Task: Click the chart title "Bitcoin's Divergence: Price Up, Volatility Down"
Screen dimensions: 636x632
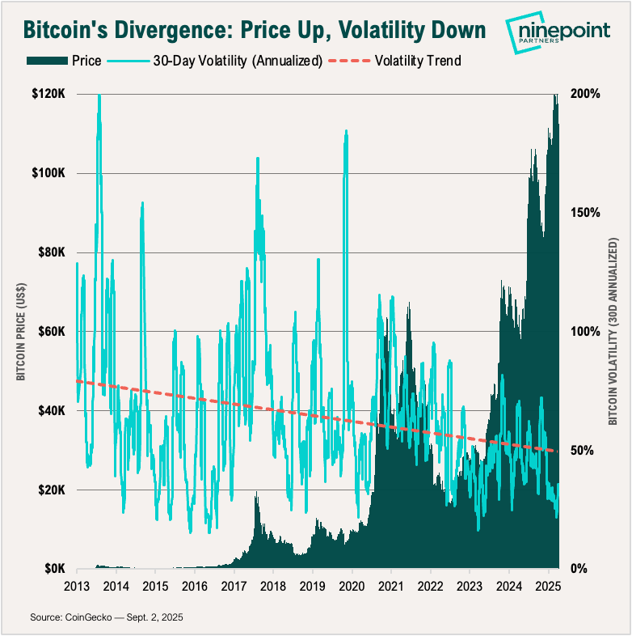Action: (x=254, y=30)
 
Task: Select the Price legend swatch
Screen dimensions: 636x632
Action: (x=46, y=61)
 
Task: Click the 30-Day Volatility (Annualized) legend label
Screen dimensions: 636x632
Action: (x=238, y=61)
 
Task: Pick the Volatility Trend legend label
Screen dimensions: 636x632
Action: (x=418, y=61)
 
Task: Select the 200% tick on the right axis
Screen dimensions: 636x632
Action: (x=584, y=94)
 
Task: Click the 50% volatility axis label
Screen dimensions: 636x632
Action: (x=582, y=451)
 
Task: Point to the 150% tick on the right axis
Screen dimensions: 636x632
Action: (x=584, y=213)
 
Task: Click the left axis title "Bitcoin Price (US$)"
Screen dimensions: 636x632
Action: (x=22, y=332)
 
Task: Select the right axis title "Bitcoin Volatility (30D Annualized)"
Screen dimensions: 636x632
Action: (x=613, y=332)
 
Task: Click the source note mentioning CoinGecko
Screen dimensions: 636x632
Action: (x=107, y=617)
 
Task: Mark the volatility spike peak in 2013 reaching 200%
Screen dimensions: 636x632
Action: (x=99, y=95)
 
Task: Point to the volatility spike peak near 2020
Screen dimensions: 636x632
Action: (x=346, y=130)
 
